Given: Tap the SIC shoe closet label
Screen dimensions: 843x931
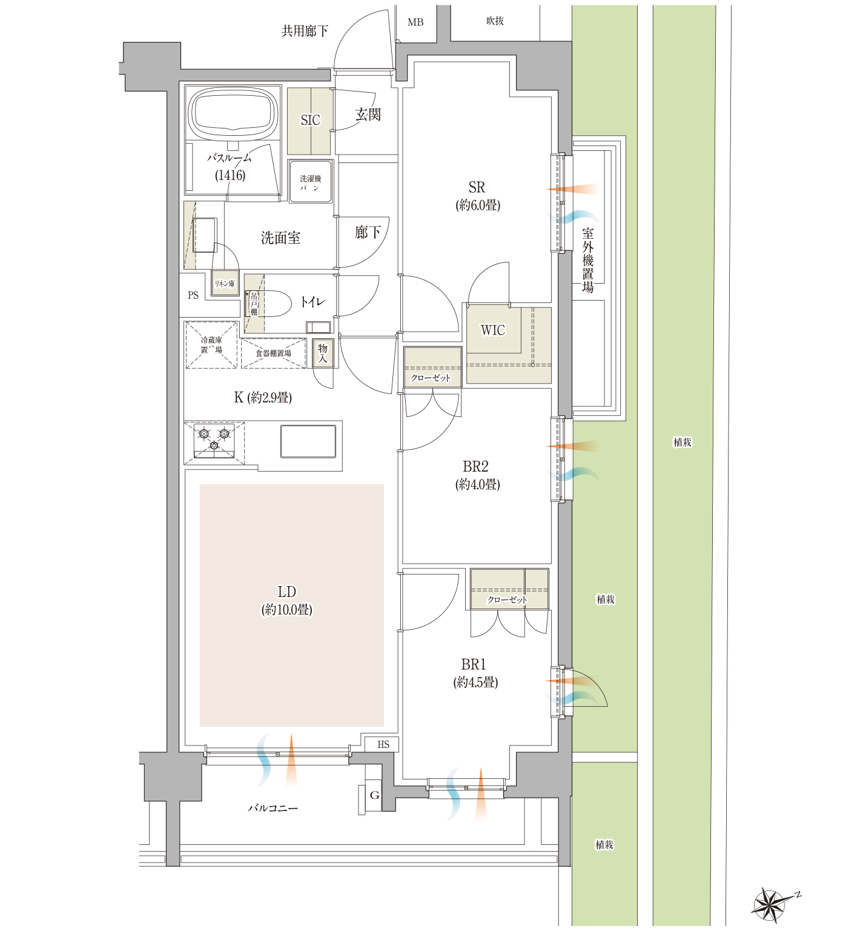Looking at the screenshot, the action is pyautogui.click(x=310, y=120).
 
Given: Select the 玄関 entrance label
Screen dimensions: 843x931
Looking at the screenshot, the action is pyautogui.click(x=368, y=114).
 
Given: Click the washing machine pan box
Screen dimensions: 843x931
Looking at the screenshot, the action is pyautogui.click(x=310, y=181).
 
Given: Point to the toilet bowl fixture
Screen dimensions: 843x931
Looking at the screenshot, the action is pyautogui.click(x=269, y=303).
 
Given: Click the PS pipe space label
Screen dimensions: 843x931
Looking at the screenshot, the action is pyautogui.click(x=193, y=295).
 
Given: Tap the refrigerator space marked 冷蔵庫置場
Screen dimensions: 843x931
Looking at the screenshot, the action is pyautogui.click(x=211, y=344).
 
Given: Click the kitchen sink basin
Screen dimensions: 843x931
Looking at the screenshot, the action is pyautogui.click(x=308, y=441).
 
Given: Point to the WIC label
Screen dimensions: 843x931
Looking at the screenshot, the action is pyautogui.click(x=492, y=330).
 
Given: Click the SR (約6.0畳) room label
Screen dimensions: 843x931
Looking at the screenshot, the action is pyautogui.click(x=477, y=196).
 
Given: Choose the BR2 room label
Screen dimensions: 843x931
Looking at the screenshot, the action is pyautogui.click(x=475, y=467).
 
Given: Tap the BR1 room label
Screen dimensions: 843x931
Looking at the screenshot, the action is pyautogui.click(x=474, y=664).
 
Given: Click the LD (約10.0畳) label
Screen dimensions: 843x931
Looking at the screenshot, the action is pyautogui.click(x=286, y=601).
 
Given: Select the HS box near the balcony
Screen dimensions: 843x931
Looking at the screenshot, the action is pyautogui.click(x=382, y=744).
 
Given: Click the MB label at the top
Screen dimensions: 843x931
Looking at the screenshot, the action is pyautogui.click(x=415, y=22).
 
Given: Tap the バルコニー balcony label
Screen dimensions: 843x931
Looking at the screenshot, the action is pyautogui.click(x=273, y=808).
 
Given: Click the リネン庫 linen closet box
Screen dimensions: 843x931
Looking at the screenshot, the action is pyautogui.click(x=225, y=283).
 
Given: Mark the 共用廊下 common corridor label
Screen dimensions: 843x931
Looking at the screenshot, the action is pyautogui.click(x=305, y=30).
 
